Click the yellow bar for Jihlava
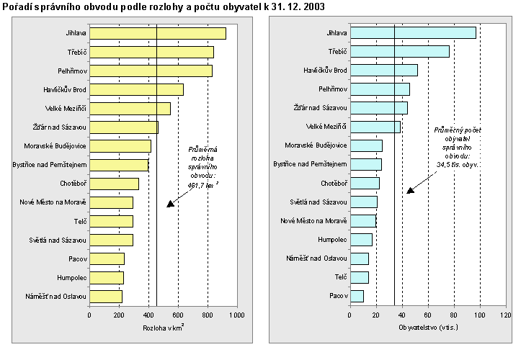tap(157, 33)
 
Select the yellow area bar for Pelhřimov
tap(151, 71)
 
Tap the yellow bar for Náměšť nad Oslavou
tap(106, 296)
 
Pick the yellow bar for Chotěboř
tap(114, 184)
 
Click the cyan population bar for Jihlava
tap(412, 33)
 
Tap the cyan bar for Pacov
tap(356, 296)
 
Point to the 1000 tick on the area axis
tap(237, 315)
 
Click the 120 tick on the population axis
tap(506, 315)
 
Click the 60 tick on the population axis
tap(427, 315)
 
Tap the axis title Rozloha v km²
tap(163, 328)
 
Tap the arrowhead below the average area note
tap(171, 204)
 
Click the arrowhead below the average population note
tap(411, 191)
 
